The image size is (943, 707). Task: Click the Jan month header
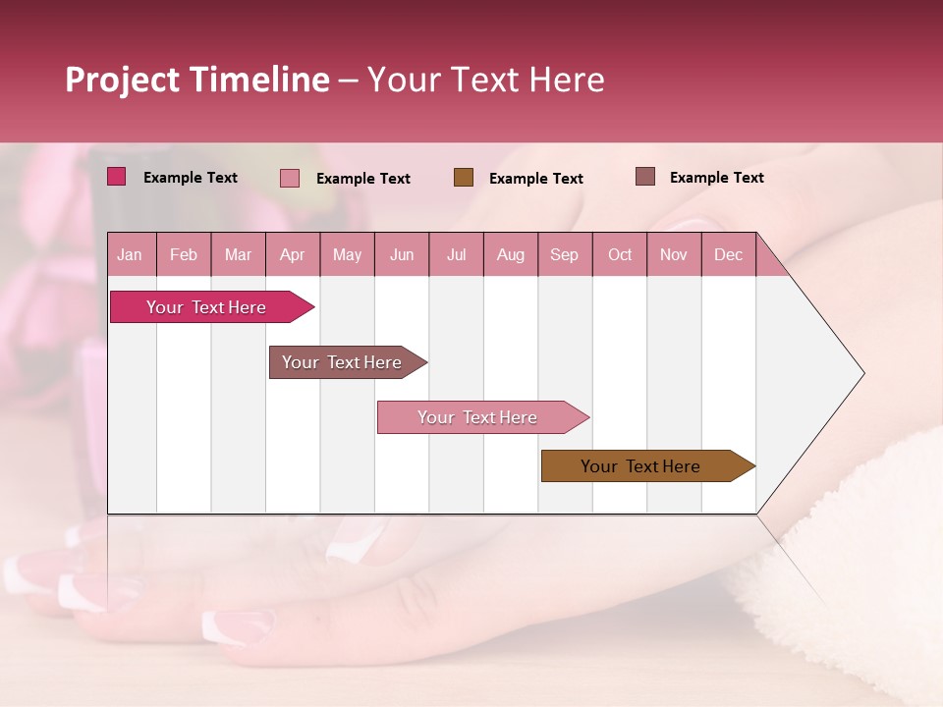coord(131,254)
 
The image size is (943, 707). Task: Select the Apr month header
coord(292,254)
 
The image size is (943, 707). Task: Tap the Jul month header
coord(456,254)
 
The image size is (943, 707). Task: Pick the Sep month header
coord(564,254)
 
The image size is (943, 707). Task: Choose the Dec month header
coord(728,254)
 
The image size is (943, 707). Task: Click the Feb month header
coord(184,254)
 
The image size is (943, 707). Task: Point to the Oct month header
coord(620,254)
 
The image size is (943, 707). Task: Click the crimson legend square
coord(117,177)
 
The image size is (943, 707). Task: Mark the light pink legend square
coord(290,178)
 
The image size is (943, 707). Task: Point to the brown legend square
coord(464,177)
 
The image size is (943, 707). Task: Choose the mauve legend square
coord(645,177)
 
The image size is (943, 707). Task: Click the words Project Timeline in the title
coord(197,80)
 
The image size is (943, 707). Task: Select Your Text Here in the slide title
coord(485,80)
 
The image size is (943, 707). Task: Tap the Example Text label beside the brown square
coord(535,179)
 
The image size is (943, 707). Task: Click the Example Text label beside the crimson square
coord(191,178)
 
